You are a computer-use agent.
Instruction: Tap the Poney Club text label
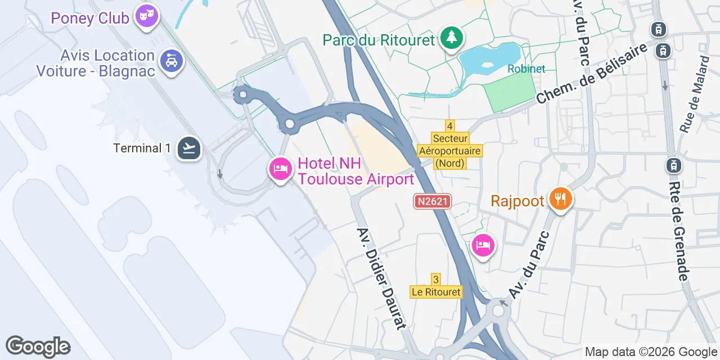pos(90,18)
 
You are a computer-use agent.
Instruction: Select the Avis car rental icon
pos(172,61)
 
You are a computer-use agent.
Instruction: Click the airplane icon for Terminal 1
pos(189,148)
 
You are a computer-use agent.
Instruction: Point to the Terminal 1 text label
pos(142,148)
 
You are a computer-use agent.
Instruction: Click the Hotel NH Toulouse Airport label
pos(355,172)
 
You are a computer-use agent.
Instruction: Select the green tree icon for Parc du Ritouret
pos(451,38)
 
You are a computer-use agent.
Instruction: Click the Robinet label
pos(526,69)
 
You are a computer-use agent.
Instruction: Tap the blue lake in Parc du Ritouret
pos(488,58)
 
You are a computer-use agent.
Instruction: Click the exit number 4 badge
pos(449,125)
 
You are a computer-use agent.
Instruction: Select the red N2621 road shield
pos(433,201)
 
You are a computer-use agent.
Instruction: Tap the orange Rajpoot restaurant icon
pos(560,199)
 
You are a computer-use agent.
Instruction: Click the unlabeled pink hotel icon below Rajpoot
pos(483,245)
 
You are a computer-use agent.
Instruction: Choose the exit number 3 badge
pos(436,279)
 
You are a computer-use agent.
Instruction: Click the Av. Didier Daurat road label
pos(381,278)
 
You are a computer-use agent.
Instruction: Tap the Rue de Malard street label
pos(695,94)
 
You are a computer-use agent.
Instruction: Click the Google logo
pos(38,346)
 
